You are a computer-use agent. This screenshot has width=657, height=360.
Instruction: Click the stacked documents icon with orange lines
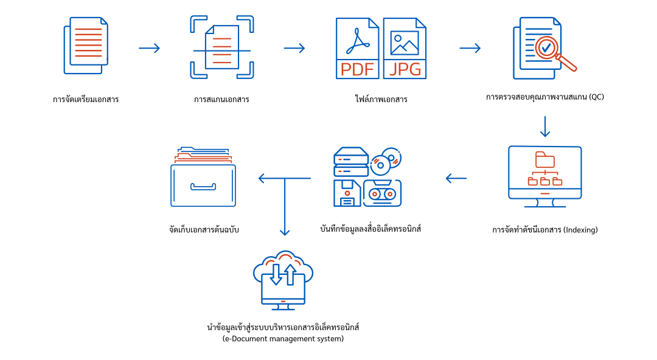click(86, 45)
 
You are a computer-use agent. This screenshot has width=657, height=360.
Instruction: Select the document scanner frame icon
click(222, 47)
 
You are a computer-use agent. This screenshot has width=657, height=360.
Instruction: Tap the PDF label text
click(357, 69)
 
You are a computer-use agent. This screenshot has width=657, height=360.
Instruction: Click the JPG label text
click(405, 69)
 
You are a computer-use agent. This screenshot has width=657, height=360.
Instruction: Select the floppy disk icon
click(347, 193)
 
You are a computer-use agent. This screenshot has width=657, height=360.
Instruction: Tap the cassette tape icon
click(382, 193)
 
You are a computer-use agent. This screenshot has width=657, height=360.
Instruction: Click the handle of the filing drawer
click(203, 187)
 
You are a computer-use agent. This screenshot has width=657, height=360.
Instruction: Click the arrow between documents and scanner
click(150, 48)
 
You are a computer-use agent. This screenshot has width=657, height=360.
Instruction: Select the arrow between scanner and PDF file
click(294, 48)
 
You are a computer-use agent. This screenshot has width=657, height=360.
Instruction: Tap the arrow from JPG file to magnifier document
click(470, 48)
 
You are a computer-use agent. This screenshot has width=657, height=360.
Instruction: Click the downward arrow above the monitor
click(545, 126)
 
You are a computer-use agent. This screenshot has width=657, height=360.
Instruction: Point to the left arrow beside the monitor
click(456, 178)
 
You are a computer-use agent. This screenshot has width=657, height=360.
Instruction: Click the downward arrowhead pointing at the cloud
click(285, 232)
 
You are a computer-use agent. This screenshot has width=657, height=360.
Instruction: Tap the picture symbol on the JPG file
click(405, 43)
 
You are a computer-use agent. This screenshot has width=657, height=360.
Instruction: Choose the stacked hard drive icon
click(351, 162)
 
